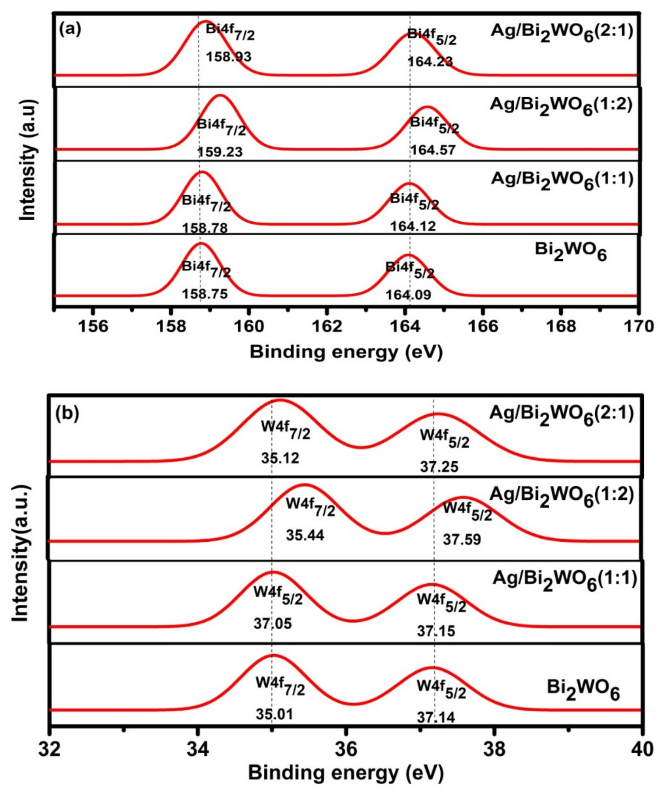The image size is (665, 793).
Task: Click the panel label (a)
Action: point(70,30)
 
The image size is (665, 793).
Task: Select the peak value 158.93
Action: point(228,57)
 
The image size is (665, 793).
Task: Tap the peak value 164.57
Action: point(433,150)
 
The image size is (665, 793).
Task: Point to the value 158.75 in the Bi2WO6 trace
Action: point(205,294)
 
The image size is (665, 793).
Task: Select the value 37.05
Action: point(273,623)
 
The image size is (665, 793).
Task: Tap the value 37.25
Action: point(439,467)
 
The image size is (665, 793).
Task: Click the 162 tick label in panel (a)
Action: point(327,326)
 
